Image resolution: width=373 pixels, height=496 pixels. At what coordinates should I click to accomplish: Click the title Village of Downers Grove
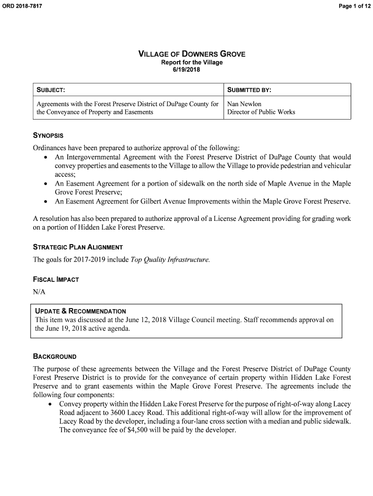(x=192, y=54)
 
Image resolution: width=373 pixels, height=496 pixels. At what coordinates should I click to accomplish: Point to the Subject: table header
(x=51, y=90)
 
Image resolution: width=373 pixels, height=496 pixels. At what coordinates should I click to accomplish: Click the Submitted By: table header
(x=249, y=90)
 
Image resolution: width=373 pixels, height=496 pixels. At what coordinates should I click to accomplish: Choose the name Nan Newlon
(x=244, y=104)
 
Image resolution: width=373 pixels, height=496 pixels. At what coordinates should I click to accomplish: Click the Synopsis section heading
(x=48, y=135)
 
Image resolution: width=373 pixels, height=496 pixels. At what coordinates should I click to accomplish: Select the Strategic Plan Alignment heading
(x=78, y=247)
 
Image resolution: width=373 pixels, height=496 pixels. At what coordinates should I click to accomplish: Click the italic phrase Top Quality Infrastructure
(x=170, y=260)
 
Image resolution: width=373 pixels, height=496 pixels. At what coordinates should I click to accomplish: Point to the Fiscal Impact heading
(x=56, y=279)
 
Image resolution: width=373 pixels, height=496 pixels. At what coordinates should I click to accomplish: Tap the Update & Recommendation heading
(x=80, y=311)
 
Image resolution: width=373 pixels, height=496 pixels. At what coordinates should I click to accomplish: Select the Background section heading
(x=55, y=356)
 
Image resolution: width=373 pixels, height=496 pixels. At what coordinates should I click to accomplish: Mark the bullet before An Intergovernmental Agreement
(x=45, y=158)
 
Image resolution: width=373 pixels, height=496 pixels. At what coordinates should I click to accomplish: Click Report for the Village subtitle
(x=192, y=62)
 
